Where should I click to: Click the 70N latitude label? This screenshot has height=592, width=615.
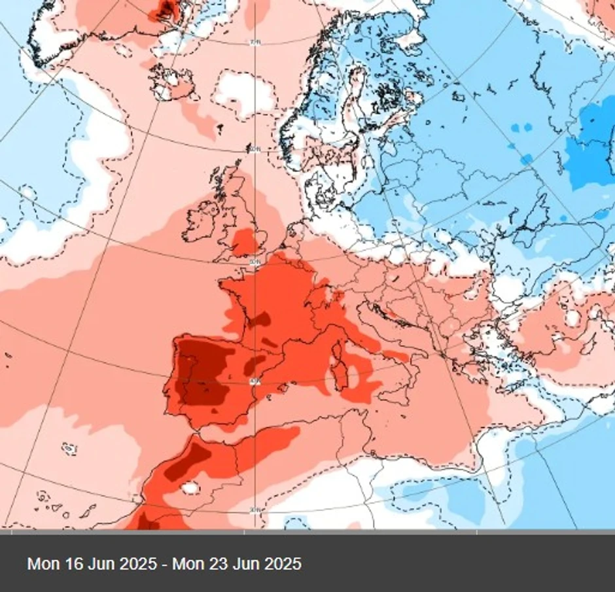coord(255,43)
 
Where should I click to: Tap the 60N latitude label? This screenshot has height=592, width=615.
coord(255,149)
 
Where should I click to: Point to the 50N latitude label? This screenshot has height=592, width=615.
coord(255,262)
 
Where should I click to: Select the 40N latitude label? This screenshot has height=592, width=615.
coord(255,380)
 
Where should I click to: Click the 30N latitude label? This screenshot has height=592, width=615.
coord(255,510)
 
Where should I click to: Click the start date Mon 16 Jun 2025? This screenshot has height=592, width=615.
coord(92,563)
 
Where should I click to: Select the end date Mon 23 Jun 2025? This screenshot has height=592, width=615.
coord(236,563)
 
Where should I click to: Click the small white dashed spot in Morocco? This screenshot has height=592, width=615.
coord(190,488)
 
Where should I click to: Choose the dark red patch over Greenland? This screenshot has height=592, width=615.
coord(165,9)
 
